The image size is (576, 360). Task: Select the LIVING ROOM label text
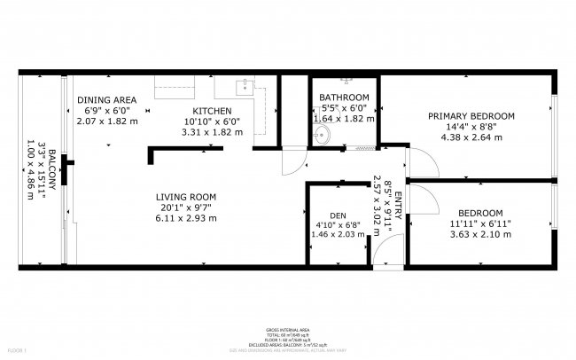click(186, 197)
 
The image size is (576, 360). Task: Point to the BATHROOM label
click(345, 98)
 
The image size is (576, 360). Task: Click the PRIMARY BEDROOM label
click(471, 116)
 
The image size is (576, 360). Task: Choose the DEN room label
click(338, 215)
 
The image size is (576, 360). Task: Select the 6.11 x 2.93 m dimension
click(186, 218)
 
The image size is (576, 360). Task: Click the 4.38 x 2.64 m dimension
click(471, 137)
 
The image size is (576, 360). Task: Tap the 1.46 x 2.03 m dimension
click(338, 237)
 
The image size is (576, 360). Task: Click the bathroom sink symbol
click(323, 135)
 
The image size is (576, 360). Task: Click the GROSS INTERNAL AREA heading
click(288, 327)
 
